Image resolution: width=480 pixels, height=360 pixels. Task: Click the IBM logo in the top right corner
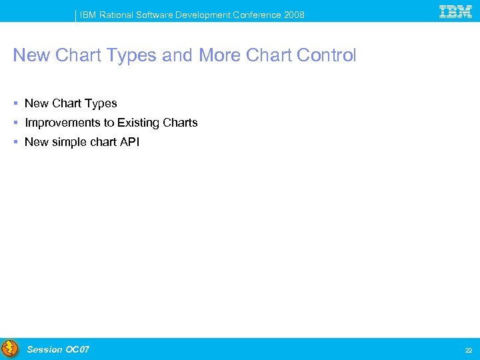(x=456, y=11)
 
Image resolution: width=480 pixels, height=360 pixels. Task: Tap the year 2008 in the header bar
(x=293, y=15)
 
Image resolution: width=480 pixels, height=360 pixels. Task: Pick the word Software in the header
(x=157, y=15)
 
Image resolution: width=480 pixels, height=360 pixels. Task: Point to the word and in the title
(x=177, y=55)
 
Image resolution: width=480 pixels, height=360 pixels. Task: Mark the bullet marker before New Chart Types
(x=15, y=103)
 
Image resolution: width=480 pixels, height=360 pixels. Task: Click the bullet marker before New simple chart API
(x=15, y=142)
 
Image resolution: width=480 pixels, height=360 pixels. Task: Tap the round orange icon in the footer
(x=10, y=349)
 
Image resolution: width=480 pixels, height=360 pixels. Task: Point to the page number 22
(x=467, y=351)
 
